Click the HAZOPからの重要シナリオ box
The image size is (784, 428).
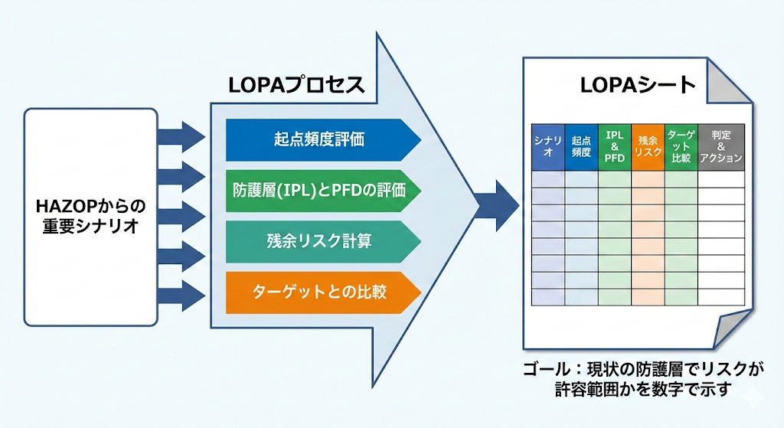(90, 216)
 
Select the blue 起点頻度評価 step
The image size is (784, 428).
(318, 139)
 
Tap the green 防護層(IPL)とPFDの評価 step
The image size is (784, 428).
(318, 190)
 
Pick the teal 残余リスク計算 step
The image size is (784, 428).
(318, 240)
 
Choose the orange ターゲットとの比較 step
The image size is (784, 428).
(318, 292)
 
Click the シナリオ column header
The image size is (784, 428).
(548, 146)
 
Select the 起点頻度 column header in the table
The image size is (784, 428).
(581, 146)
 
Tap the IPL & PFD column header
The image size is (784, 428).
(615, 146)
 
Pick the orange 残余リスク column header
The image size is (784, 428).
(648, 146)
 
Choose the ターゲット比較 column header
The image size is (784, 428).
(681, 146)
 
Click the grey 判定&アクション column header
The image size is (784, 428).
(721, 146)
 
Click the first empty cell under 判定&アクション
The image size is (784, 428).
(721, 178)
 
